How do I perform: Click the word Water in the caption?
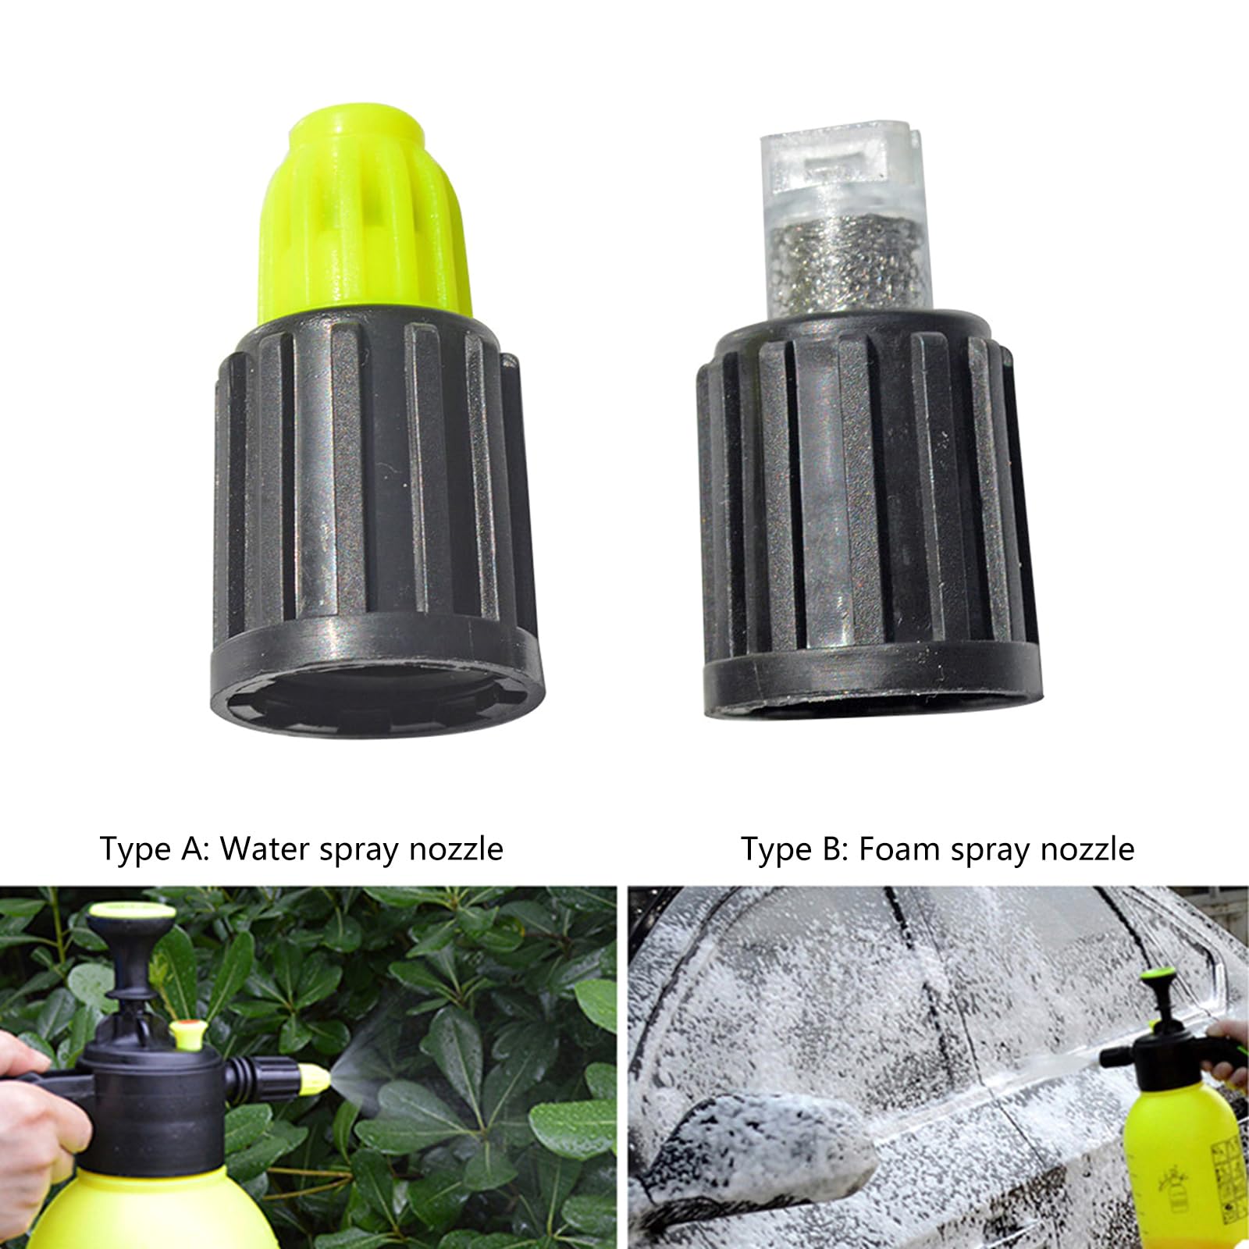(x=263, y=849)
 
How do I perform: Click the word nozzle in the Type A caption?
(x=456, y=849)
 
